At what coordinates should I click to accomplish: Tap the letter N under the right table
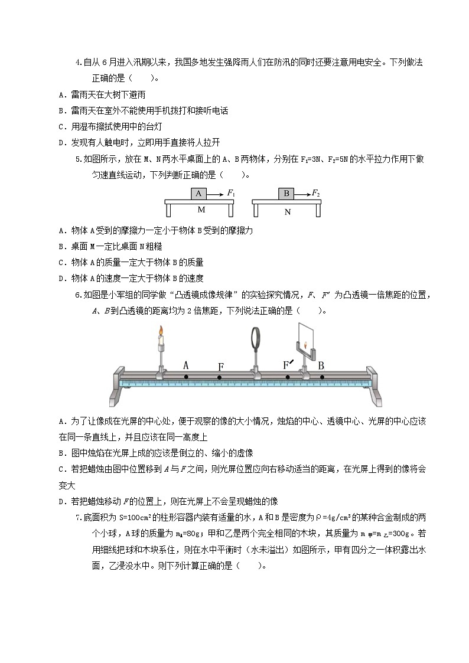(x=288, y=212)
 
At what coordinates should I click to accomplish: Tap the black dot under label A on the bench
(x=186, y=377)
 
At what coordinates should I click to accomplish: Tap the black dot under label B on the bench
(x=322, y=377)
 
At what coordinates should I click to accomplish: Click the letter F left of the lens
(x=220, y=367)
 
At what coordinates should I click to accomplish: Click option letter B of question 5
(x=62, y=246)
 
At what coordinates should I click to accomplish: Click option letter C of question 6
(x=62, y=469)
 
